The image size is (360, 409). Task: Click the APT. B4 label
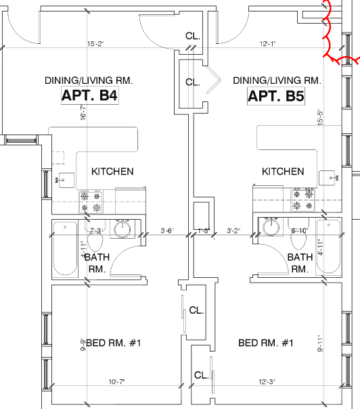pos(90,96)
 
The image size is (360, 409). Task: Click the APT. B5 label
pos(275,96)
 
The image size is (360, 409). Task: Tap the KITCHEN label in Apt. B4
pos(112,172)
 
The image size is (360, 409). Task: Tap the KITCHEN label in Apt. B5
pos(283,172)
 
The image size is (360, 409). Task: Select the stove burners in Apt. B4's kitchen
pos(91,201)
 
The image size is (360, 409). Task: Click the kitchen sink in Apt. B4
pos(67,179)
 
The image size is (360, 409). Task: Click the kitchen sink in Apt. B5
pos(330,178)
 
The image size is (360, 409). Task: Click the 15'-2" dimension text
pos(95,45)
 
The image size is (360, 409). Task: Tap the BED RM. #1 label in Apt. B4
pos(113,343)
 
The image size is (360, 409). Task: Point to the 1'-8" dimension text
pos(203,231)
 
